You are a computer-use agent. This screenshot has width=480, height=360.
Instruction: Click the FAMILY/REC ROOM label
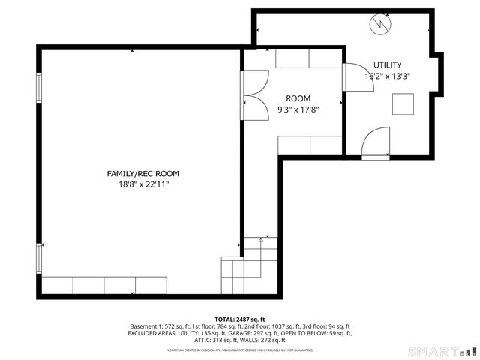(142, 173)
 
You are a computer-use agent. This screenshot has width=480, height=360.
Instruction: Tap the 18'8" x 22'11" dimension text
(142, 184)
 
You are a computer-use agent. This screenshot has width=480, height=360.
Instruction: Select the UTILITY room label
(388, 65)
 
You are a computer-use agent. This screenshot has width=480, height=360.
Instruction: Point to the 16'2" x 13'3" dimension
(388, 76)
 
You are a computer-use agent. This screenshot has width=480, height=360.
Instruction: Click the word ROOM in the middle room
(298, 98)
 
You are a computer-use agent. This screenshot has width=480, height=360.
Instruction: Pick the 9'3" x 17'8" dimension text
(298, 109)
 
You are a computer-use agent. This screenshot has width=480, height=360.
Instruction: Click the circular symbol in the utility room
(379, 24)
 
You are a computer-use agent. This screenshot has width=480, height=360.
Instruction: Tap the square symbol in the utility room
(403, 104)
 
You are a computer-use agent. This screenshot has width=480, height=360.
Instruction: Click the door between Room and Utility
(355, 77)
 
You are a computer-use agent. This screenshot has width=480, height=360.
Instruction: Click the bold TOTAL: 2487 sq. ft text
(240, 319)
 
